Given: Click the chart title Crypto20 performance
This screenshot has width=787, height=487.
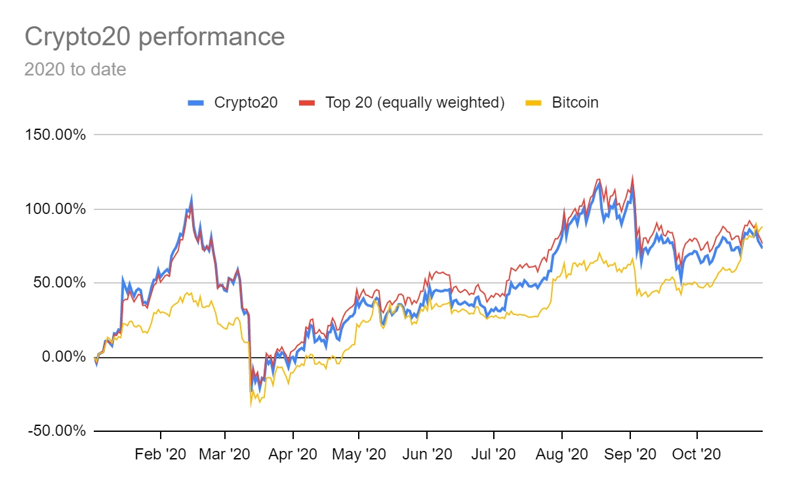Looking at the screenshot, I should point(155,37).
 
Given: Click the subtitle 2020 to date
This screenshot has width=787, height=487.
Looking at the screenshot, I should point(75,69).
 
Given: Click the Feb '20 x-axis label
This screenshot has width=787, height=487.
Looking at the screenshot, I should point(161,454).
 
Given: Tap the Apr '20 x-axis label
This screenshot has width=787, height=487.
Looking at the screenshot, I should point(293,454).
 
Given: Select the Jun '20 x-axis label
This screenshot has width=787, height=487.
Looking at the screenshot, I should point(427,454).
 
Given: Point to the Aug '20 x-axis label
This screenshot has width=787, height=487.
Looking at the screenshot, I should point(562,454).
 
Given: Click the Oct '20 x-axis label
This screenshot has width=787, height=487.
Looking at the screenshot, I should point(697,454).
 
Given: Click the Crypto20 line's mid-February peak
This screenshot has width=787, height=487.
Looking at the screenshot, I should point(192,196).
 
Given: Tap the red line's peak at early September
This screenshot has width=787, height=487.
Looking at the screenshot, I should point(632,175).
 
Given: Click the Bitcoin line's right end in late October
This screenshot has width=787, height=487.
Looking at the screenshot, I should point(762,227).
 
